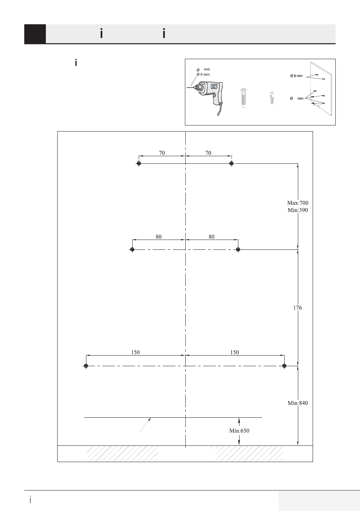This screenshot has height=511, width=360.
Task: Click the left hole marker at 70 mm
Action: pos(139,163)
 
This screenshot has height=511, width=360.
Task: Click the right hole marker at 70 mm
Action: pos(232,163)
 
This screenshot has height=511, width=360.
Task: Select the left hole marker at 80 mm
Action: pos(132,249)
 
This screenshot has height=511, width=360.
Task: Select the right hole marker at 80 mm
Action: pos(238,249)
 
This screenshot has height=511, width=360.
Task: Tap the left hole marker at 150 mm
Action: pos(86,366)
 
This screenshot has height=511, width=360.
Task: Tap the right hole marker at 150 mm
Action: pos(284,366)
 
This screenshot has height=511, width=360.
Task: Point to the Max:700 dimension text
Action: pos(297,203)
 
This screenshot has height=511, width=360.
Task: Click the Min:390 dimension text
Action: pos(297,210)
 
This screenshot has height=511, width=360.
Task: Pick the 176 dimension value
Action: pos(297,308)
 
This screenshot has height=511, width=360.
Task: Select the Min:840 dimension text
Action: pos(297,403)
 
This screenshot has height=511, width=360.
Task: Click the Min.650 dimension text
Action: pos(239,430)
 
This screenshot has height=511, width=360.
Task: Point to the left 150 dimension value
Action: pos(135,352)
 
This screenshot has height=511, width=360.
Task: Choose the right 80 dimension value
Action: pos(211,237)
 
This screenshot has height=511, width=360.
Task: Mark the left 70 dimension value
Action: pos(162,153)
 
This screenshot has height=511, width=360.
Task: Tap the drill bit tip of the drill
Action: pos(188,88)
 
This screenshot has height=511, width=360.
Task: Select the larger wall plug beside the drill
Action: pos(244,98)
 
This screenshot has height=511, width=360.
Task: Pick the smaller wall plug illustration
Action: pos(271,97)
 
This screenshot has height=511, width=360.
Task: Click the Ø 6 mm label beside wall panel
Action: pos(296,76)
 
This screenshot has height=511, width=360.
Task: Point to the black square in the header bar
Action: pos(35,34)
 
